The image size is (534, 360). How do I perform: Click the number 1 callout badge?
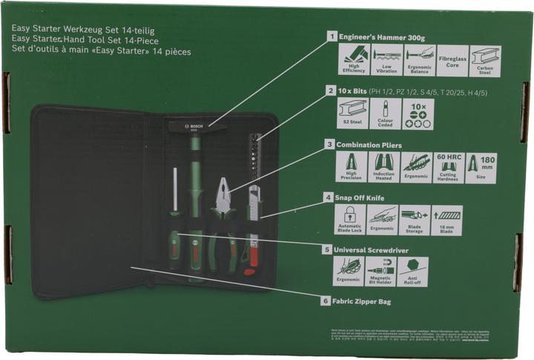[x=331, y=35]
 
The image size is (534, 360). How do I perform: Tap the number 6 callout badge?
[x=324, y=301]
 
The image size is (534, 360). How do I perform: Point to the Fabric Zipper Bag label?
[x=361, y=301]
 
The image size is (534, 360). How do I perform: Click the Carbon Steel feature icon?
[x=485, y=61]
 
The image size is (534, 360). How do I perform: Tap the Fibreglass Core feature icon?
[x=452, y=61]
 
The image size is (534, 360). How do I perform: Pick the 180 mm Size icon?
[x=484, y=168]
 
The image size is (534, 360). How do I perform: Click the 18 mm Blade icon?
[x=446, y=220]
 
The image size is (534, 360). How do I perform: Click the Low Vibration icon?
[x=386, y=61]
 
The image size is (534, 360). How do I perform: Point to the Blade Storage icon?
[x=414, y=220]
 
